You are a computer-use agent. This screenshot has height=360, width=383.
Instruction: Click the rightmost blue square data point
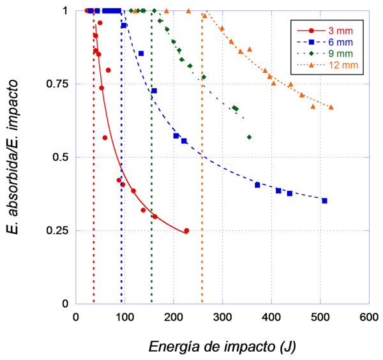point(324,201)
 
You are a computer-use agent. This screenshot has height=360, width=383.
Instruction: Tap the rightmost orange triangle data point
point(331,107)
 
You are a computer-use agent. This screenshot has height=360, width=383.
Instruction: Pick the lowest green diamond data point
point(249,137)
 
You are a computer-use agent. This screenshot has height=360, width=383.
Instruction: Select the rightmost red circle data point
point(186,230)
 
